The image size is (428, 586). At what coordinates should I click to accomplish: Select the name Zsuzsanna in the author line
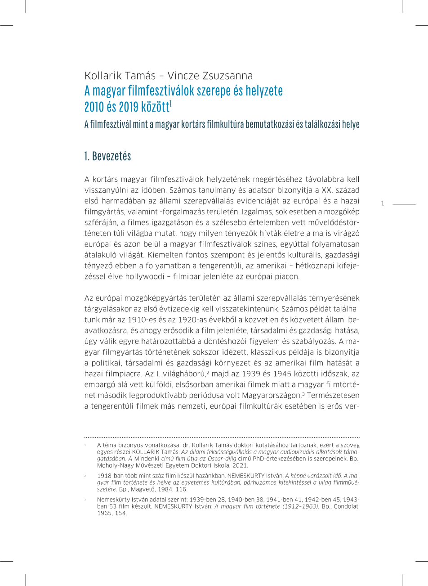pyautogui.click(x=229, y=75)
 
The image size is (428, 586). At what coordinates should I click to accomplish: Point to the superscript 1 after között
pyautogui.click(x=171, y=104)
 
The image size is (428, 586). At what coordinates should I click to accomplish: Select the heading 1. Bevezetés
pyautogui.click(x=107, y=156)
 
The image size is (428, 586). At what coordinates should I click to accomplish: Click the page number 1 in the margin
pyautogui.click(x=383, y=203)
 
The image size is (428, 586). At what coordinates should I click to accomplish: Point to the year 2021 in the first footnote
pyautogui.click(x=239, y=466)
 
